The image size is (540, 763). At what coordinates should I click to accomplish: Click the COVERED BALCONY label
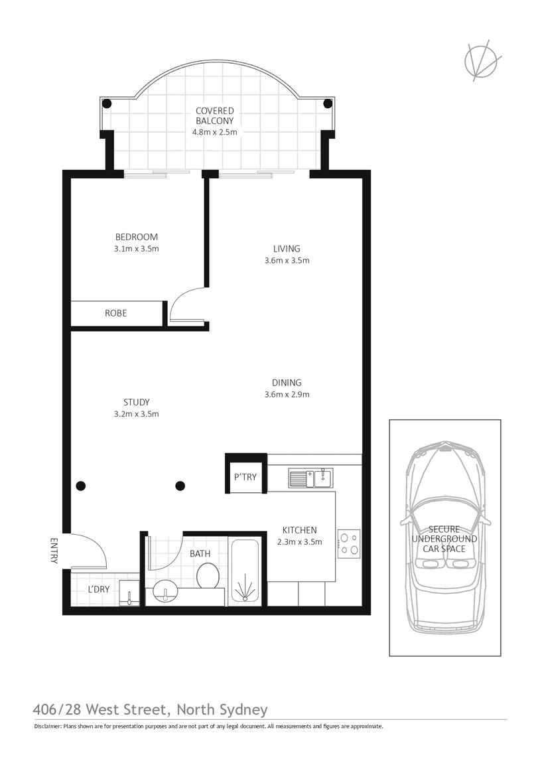click(214, 115)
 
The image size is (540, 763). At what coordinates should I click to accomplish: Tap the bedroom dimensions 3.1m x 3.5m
click(137, 249)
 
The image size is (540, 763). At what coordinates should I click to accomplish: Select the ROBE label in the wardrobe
click(115, 313)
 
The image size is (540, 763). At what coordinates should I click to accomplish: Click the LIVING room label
click(287, 249)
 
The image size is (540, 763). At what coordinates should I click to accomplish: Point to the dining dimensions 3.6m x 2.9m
click(287, 394)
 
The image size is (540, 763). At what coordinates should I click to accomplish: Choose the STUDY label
click(136, 402)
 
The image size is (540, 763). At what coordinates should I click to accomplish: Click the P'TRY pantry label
click(245, 477)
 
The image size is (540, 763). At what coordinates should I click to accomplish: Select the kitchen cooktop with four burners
click(348, 543)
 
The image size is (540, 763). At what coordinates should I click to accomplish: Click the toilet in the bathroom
click(208, 575)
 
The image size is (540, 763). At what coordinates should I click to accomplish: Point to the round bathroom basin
click(165, 591)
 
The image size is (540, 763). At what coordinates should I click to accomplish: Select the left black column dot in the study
click(80, 486)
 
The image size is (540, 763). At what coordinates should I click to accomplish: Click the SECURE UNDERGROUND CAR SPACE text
click(444, 539)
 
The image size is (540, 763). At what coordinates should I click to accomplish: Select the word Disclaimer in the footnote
click(47, 727)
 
